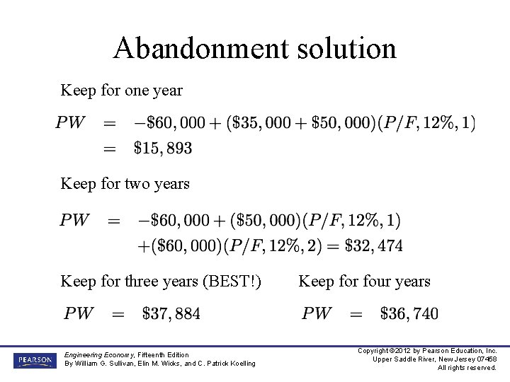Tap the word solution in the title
click(x=340, y=49)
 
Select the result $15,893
click(x=163, y=148)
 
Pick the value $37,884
click(x=171, y=313)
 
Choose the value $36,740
click(x=409, y=313)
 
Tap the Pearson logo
click(x=34, y=360)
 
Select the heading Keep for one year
click(x=121, y=91)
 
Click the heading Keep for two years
click(x=125, y=184)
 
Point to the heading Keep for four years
click(x=364, y=282)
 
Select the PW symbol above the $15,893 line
click(x=72, y=122)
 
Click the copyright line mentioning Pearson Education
click(x=427, y=351)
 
